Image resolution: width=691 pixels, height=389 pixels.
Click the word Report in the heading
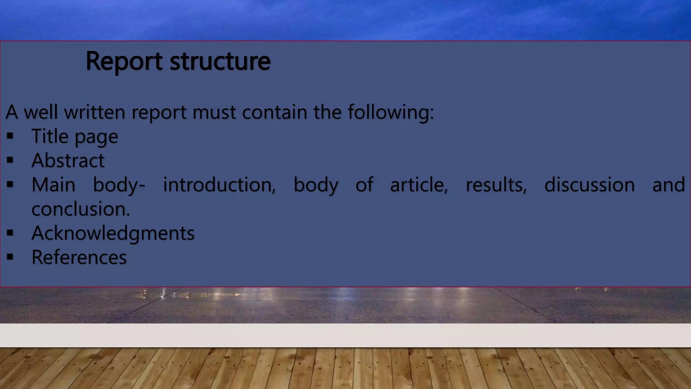pos(124,61)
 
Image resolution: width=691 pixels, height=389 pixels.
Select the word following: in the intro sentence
pos(391,112)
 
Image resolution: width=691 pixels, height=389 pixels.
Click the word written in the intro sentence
pos(94,112)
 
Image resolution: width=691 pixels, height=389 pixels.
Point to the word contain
pos(275,112)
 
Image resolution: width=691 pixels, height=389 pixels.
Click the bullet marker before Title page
pos(10,136)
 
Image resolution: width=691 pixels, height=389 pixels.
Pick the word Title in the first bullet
pos(50,136)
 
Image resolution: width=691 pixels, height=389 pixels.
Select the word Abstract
pos(68,160)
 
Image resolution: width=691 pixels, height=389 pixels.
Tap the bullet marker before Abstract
pos(10,160)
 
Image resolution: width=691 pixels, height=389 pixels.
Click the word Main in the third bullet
pos(53,185)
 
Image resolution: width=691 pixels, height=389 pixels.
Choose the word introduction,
pos(219,185)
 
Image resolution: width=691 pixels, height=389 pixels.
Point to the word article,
pos(419,185)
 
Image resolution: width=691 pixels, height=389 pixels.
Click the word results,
pos(496,185)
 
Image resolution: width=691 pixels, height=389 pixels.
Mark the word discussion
pos(589,185)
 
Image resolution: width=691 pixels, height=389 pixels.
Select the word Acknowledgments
pos(113,233)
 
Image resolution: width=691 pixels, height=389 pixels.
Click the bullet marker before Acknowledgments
pos(10,233)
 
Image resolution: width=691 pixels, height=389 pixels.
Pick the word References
pos(79,257)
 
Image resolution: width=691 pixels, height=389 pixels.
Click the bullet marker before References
pos(10,257)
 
